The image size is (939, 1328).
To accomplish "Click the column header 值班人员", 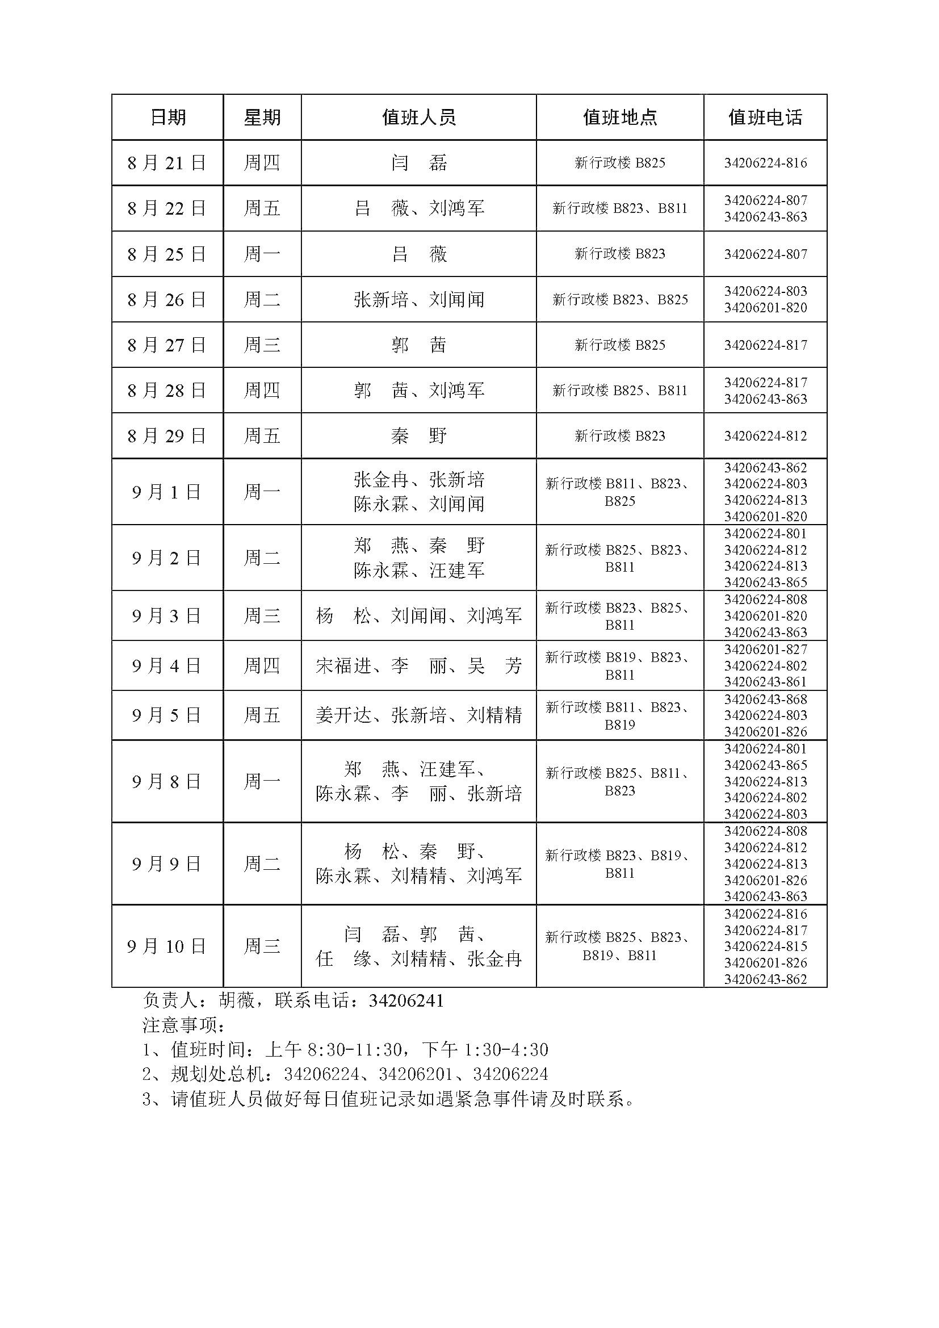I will coord(418,118).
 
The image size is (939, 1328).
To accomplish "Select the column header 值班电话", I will coord(765,118).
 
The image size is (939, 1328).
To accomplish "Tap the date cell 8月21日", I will coord(166,163).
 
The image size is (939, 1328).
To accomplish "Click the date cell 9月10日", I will coord(166,946).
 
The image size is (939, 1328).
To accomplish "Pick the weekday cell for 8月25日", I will coord(262,254).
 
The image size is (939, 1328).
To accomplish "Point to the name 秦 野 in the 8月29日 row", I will coord(418,435).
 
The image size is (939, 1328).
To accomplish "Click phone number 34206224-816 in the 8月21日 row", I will coord(765,163).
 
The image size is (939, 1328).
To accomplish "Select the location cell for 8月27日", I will coord(619,345).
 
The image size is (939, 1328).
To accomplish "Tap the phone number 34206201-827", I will coord(765,649).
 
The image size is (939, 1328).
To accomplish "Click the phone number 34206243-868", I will coord(765,699).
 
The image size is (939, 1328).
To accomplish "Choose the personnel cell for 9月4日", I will coord(418,666).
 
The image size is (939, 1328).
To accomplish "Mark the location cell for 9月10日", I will coord(619,946).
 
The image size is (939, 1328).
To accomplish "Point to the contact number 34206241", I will coord(406,1000).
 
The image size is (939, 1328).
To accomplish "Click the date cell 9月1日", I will coord(166,492).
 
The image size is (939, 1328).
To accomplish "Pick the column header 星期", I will coord(262,118).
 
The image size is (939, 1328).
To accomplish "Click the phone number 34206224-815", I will coord(765,946).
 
